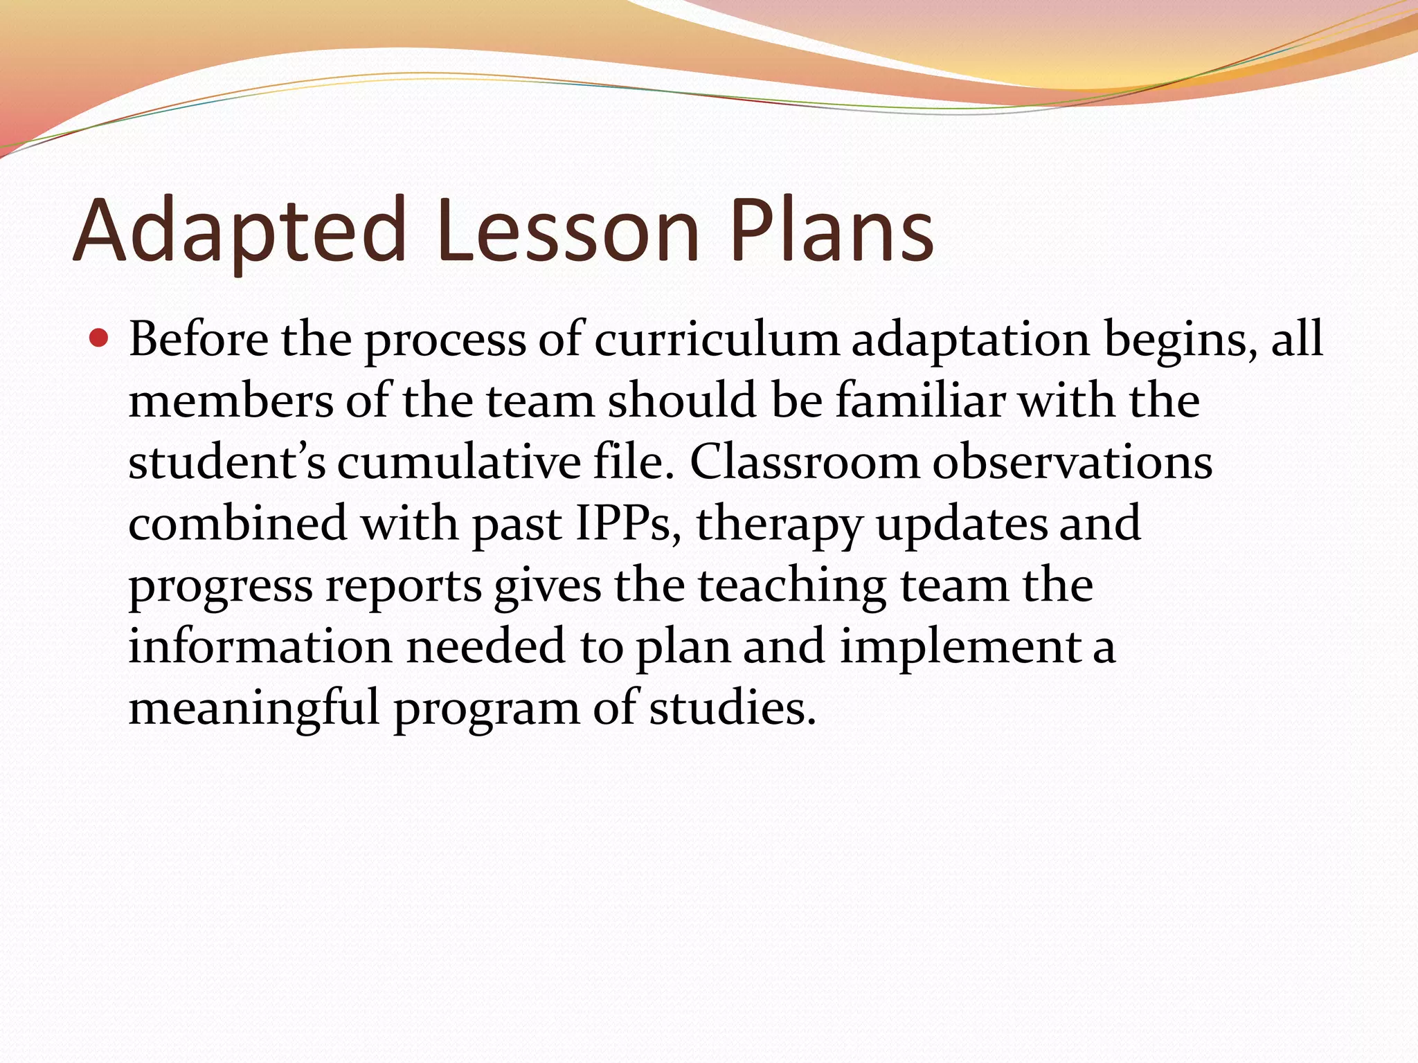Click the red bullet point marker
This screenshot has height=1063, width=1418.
tap(100, 339)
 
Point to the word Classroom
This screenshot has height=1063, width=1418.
tap(804, 462)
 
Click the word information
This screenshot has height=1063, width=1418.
tap(260, 646)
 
